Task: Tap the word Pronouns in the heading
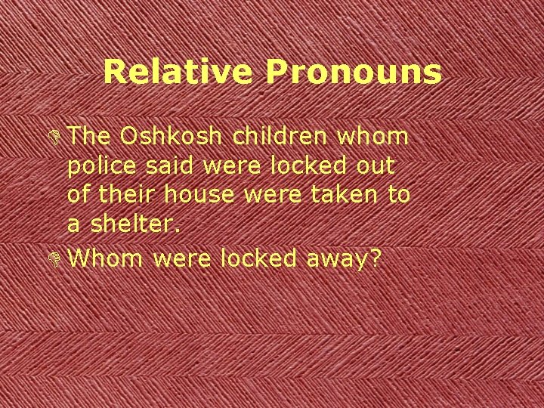352,73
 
